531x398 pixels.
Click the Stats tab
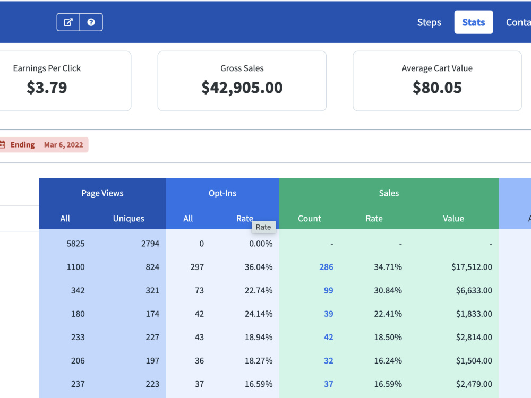click(x=474, y=22)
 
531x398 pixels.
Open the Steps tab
click(x=429, y=22)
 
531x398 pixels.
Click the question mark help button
click(x=91, y=22)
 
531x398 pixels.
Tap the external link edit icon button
click(x=68, y=22)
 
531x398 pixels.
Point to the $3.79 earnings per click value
click(x=47, y=88)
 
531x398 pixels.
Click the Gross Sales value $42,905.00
click(x=242, y=88)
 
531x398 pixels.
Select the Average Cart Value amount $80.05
click(x=437, y=88)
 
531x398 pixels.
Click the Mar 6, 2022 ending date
click(x=63, y=145)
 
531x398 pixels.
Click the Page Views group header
click(x=102, y=193)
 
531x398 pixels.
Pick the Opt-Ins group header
click(x=222, y=193)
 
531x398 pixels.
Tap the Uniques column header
click(x=129, y=219)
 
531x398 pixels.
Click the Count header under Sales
click(x=309, y=219)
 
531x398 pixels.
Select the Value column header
click(x=453, y=219)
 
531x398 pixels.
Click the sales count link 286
click(x=326, y=267)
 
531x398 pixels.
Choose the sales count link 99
click(x=328, y=290)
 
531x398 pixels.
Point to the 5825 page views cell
click(x=75, y=244)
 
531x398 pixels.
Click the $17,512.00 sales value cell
click(x=472, y=267)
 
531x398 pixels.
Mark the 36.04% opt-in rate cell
click(x=259, y=267)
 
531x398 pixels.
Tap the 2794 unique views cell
click(x=150, y=244)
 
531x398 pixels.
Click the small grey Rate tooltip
click(x=263, y=227)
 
